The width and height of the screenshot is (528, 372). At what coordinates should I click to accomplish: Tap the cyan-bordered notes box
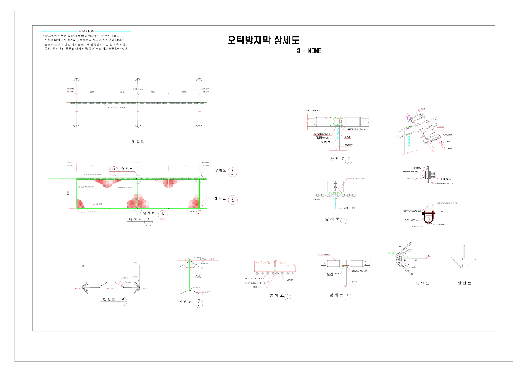pyautogui.click(x=86, y=42)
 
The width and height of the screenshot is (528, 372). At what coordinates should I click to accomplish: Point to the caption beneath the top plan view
pyautogui.click(x=137, y=141)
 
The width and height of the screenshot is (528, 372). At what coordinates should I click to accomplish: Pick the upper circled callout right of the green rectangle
pyautogui.click(x=233, y=172)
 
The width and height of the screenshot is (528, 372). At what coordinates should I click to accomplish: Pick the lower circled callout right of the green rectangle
pyautogui.click(x=232, y=199)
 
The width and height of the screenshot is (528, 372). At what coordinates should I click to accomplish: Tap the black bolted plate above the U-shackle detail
pyautogui.click(x=428, y=175)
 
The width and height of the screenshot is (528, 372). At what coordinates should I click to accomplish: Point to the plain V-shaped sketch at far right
pyautogui.click(x=461, y=260)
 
